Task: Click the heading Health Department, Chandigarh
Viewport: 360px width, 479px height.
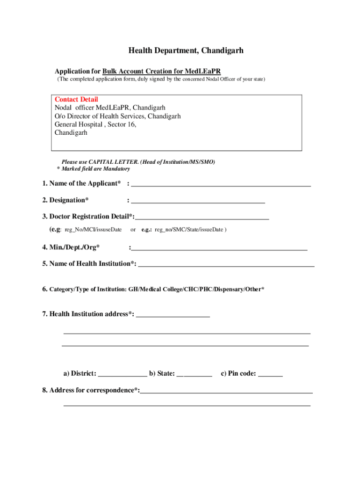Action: pos(186,51)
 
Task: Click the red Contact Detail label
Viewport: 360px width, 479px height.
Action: pos(76,99)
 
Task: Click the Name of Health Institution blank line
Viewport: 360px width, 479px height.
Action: pos(226,265)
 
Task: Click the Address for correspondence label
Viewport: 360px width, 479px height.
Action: pos(91,390)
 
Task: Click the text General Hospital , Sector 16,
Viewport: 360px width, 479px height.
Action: pos(95,124)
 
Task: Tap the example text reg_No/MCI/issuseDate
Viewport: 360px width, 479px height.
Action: pos(93,230)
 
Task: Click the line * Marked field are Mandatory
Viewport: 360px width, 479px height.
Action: pos(93,168)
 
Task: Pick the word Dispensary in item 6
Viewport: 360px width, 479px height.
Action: pos(229,290)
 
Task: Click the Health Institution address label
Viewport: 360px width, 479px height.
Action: pos(88,314)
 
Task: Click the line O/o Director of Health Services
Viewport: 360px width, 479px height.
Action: pos(117,116)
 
